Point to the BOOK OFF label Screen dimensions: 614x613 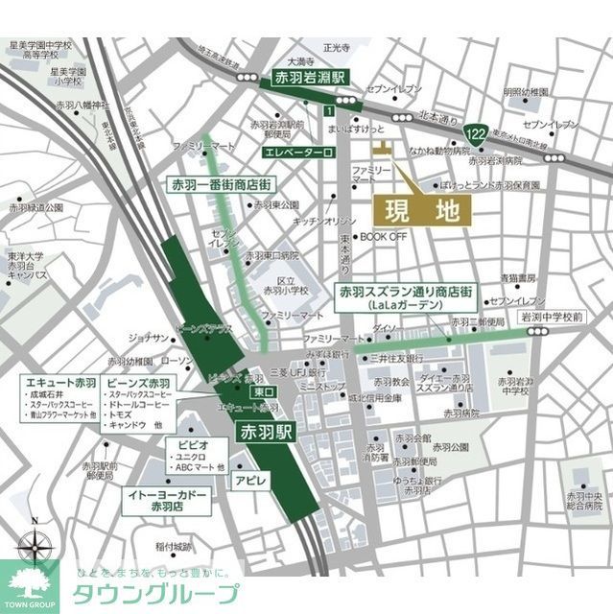click(x=384, y=236)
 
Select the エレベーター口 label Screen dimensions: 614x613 click(x=296, y=152)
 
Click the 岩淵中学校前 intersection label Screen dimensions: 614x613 click(x=552, y=316)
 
